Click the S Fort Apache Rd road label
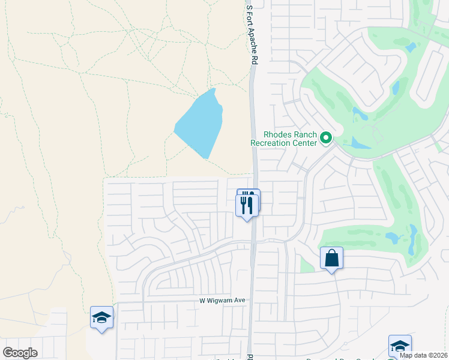pos(252,35)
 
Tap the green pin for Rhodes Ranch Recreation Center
pos(326,139)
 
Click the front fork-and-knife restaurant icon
pos(247,205)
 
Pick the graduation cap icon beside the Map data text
pos(399,346)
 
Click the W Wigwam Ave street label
pos(223,301)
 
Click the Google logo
pos(20,353)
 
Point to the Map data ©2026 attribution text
pos(423,355)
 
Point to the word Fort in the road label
pos(252,19)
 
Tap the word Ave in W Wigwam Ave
pos(240,301)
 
